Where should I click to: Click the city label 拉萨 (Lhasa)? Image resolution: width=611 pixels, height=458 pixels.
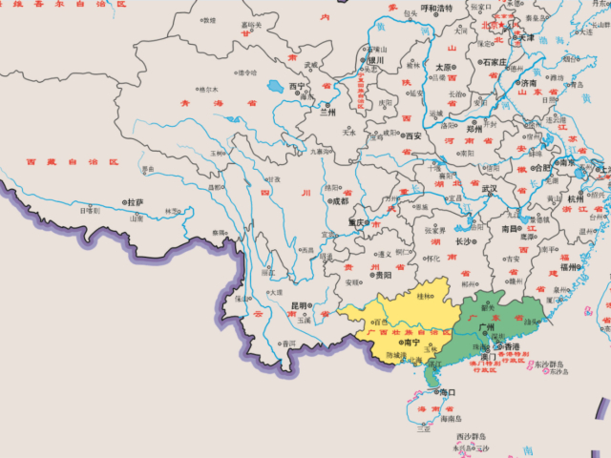135,202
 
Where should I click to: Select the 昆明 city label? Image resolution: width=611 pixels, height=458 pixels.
300,306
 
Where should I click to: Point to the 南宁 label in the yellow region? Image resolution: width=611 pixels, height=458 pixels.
412,341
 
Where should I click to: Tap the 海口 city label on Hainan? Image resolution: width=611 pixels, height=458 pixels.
447,391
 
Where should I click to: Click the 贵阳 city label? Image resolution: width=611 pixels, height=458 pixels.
383,275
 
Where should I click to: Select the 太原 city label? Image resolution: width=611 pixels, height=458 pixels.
443,67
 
